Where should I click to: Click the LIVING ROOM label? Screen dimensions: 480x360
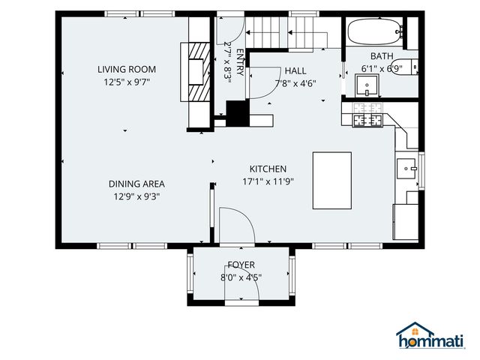[127, 69]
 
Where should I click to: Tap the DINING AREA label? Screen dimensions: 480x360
[136, 184]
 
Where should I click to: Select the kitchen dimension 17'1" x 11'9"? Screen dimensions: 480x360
[268, 181]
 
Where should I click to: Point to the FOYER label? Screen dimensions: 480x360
[241, 265]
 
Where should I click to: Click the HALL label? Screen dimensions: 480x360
[295, 70]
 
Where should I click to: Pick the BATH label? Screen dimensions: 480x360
[382, 56]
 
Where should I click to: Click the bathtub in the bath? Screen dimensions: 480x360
[375, 31]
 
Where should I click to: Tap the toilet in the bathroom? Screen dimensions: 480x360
[404, 67]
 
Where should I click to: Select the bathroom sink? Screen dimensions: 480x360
[367, 85]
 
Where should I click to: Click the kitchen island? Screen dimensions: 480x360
[331, 180]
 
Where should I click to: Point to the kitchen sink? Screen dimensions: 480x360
[406, 168]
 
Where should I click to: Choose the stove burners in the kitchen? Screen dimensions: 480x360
[367, 115]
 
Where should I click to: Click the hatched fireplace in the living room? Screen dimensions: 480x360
[199, 72]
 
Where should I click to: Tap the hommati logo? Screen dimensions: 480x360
[430, 335]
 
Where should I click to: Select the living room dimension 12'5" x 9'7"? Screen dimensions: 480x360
[127, 82]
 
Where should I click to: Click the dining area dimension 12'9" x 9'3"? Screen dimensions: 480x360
[136, 196]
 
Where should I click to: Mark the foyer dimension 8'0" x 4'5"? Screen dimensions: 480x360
[241, 277]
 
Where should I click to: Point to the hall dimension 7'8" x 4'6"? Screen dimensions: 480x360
[295, 83]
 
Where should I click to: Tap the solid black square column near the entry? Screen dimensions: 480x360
[238, 113]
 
